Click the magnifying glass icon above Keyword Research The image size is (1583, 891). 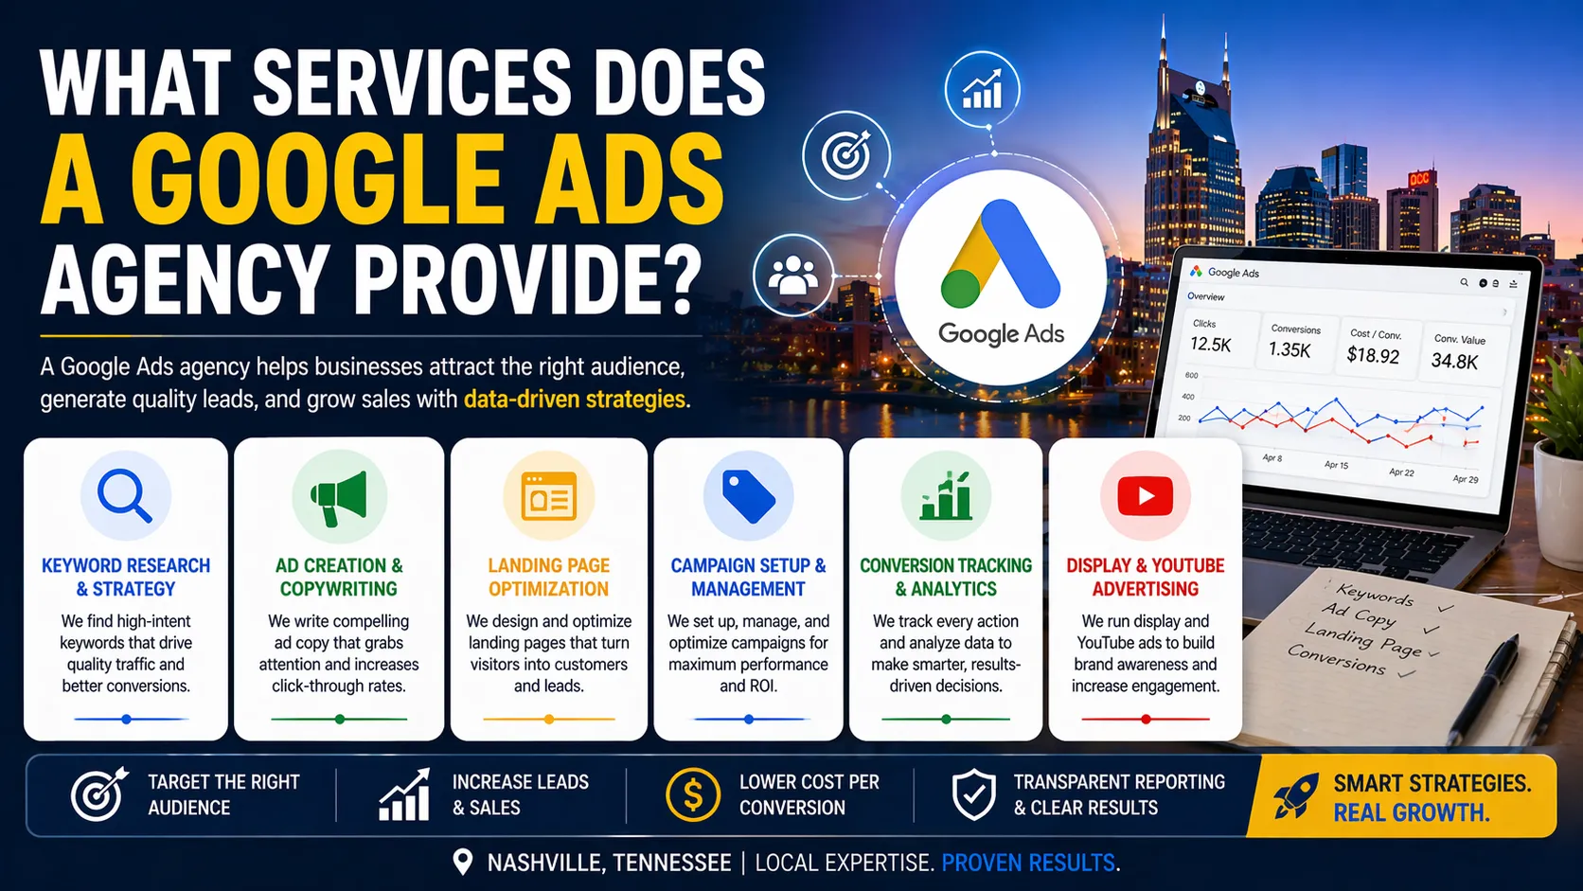point(125,495)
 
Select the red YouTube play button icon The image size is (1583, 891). point(1145,496)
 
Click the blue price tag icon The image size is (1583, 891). point(748,496)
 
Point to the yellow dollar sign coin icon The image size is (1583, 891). point(692,794)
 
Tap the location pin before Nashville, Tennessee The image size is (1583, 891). point(462,862)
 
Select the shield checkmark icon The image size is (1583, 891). point(973,794)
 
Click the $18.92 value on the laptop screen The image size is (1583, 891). point(1373,355)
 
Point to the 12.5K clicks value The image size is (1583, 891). point(1210,345)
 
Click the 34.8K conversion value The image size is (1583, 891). point(1454,361)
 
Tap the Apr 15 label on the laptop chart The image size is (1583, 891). point(1336,465)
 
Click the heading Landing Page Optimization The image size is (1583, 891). point(549,577)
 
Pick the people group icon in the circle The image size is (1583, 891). point(792,275)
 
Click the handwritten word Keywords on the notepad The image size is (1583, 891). point(1375,595)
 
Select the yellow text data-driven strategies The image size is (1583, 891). point(575,400)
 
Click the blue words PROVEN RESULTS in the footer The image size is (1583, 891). point(1028,863)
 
